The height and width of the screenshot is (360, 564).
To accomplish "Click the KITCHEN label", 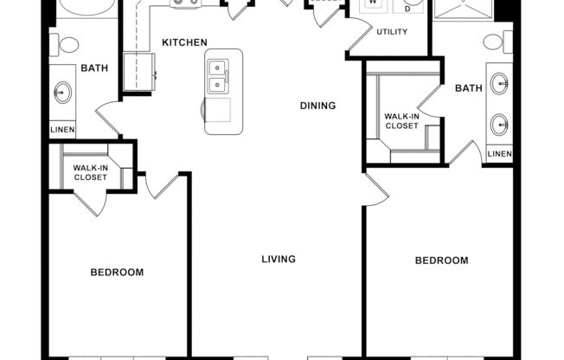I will pos(184,42).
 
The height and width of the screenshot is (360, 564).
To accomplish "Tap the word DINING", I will pos(317,106).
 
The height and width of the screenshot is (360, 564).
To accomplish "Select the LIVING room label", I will pos(279,259).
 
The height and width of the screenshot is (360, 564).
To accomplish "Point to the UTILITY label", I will pos(391,31).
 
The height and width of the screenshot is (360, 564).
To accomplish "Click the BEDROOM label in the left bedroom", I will pos(117,273).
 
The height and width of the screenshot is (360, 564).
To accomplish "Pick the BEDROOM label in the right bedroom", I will pos(441,260).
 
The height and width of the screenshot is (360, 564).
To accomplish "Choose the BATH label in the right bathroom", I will pos(468,87).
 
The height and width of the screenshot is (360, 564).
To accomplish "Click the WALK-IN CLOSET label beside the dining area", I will pos(401,121).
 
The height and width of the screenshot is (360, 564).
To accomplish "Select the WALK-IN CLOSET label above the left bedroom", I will pos(90,172).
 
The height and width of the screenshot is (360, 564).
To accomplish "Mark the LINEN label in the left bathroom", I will pos(62,130).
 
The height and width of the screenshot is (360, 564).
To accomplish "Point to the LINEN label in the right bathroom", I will pos(499,154).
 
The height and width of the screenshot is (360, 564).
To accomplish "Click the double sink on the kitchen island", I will pos(218,76).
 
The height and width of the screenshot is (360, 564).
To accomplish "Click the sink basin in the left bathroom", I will pos(62,92).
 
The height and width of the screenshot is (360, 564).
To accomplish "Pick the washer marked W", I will pos(374,4).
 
